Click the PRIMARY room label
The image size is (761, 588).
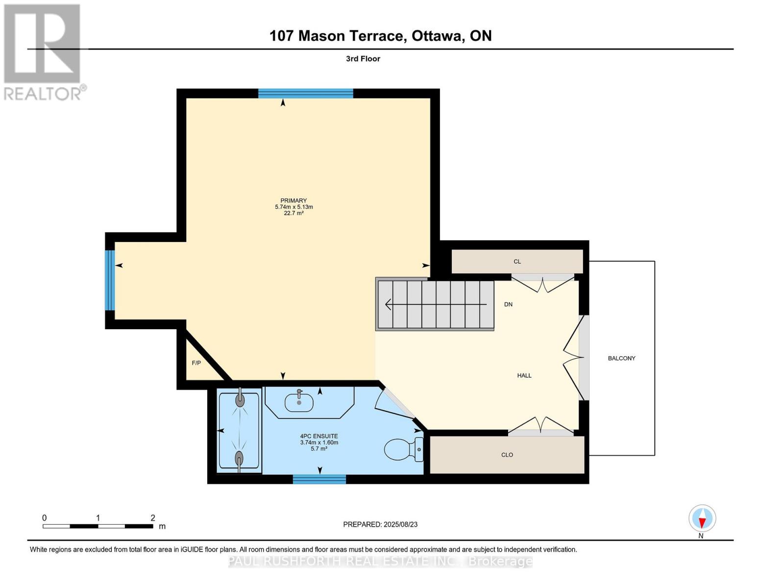coord(294,200)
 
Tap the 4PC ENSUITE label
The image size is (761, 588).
coord(319,436)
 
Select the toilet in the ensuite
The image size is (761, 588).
coord(403,449)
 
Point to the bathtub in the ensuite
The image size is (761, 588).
coord(239,431)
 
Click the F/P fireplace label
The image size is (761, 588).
coord(196,363)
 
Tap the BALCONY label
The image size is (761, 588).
coord(622,358)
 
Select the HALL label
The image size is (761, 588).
coord(524,375)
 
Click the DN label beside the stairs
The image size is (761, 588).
coord(508,304)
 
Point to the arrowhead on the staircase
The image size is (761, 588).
coord(388,304)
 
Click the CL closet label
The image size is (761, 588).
coord(517,262)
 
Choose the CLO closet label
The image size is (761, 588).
coord(507,455)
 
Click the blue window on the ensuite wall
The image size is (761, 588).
coord(319,479)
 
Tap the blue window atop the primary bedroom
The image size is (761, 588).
coord(306,94)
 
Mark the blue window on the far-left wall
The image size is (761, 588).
coord(110,280)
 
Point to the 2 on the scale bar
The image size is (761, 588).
coord(153,517)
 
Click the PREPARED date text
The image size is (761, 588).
coord(380,524)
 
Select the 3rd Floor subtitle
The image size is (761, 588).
coord(363,59)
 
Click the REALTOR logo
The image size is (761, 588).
coord(44,52)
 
